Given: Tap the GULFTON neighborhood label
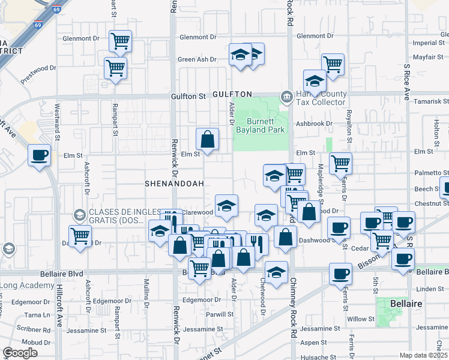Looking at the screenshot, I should click(x=231, y=95).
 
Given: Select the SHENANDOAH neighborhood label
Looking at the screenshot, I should click(x=175, y=183).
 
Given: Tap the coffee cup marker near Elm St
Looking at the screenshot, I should click(x=40, y=155).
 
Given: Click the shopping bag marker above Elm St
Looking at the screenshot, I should click(x=207, y=139).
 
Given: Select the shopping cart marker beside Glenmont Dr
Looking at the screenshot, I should click(x=120, y=41).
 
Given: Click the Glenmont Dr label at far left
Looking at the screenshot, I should click(x=80, y=38).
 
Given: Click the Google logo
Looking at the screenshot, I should click(x=20, y=353).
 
